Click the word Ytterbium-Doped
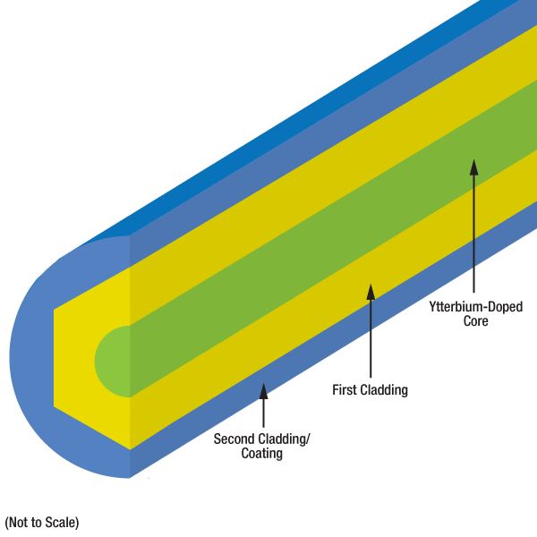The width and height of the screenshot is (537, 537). point(475,306)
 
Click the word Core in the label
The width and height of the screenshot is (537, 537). point(475,320)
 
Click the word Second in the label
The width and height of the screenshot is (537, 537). point(234,439)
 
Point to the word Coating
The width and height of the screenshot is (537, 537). point(261,454)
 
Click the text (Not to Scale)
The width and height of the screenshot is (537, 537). point(42,522)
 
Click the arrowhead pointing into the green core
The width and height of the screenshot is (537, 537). point(474,166)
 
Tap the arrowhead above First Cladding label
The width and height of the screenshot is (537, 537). point(370,291)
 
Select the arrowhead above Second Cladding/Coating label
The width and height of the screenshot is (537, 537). point(263,389)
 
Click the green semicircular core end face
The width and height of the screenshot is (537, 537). point(112,361)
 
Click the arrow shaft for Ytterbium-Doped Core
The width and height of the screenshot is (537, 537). point(474,233)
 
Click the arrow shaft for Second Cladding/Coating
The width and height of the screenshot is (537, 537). point(263,412)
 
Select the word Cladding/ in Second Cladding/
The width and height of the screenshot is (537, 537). point(281,439)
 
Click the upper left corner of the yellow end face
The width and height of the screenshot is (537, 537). point(55,310)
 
